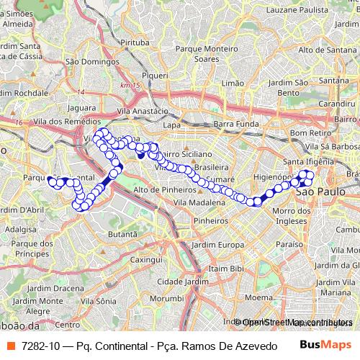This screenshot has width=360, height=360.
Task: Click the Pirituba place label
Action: tap(134, 43)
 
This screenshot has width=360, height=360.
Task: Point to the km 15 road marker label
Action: tap(130, 86)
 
